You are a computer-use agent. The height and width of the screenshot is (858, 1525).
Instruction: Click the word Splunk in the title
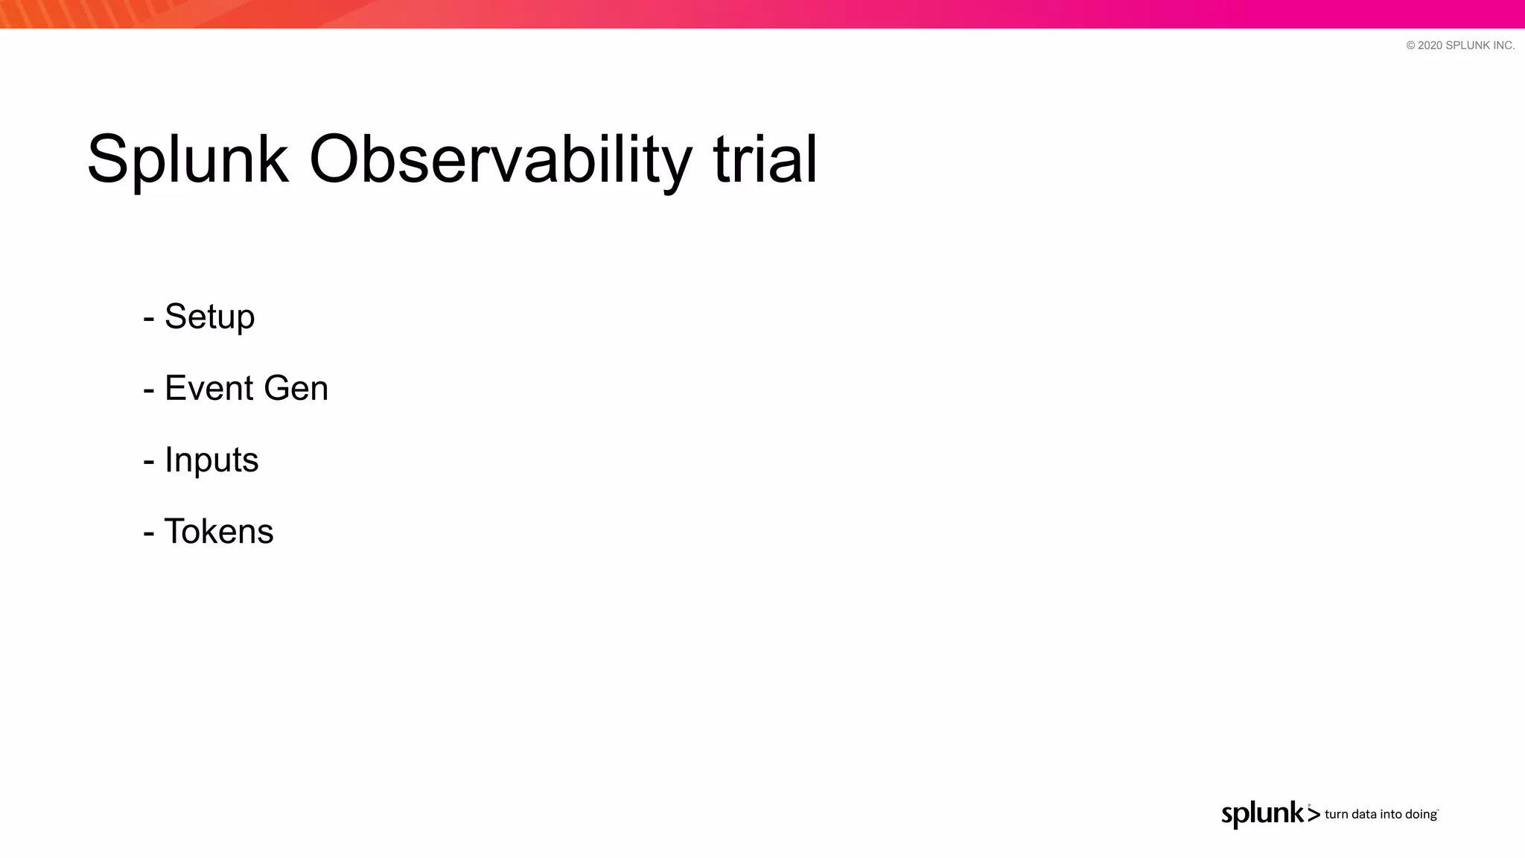188,160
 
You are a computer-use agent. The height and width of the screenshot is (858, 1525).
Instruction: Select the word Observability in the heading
500,160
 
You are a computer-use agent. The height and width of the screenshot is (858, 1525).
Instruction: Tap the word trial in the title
765,159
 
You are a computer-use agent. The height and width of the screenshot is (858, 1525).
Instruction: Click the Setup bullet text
209,317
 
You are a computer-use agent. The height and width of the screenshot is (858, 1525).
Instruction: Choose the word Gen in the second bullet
296,388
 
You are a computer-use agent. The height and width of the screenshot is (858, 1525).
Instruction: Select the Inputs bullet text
211,460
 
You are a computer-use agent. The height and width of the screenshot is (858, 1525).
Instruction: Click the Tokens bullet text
219,532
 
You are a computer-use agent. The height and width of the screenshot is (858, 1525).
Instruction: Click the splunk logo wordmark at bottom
1263,814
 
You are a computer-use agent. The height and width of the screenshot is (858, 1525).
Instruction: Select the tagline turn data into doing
1381,815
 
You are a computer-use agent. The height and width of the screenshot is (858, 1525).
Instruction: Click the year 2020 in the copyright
1430,45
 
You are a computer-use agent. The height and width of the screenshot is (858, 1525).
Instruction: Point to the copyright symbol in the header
1410,45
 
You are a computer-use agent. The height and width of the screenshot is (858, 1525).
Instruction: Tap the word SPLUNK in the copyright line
1468,45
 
